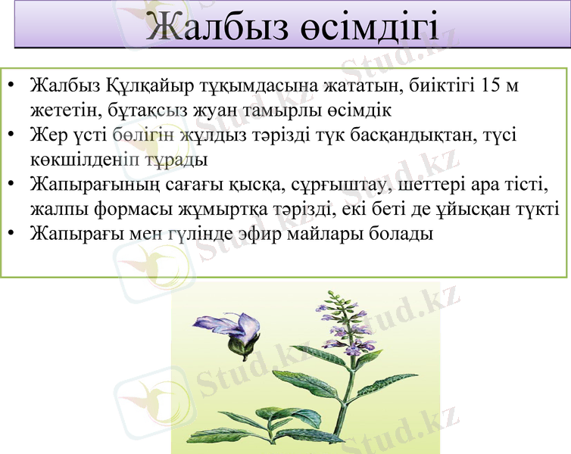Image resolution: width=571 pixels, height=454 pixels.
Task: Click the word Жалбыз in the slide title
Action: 209,27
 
